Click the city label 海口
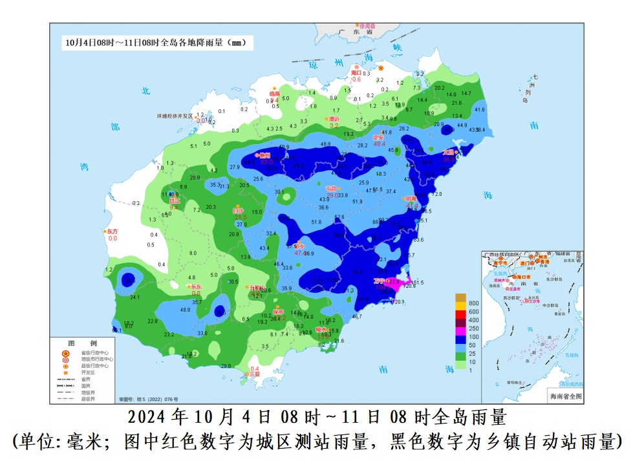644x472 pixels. (356, 73)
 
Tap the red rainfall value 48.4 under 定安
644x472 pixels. (380, 144)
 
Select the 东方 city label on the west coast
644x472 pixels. (113, 231)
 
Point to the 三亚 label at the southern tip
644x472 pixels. (255, 374)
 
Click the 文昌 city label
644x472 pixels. (447, 152)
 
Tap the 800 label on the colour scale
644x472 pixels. (473, 303)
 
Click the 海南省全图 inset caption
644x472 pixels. (565, 396)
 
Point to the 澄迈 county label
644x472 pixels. (334, 119)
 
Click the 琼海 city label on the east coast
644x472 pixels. (410, 199)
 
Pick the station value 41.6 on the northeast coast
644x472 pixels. (479, 110)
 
